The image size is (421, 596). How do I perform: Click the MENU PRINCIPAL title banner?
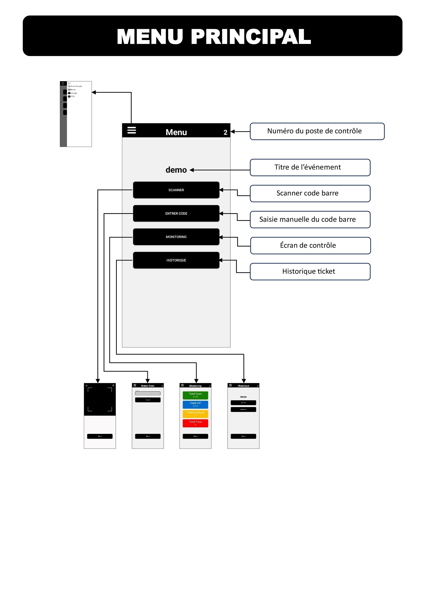pos(212,36)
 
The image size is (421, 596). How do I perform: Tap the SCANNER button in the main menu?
pos(176,190)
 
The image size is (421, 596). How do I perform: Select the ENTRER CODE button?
pos(176,213)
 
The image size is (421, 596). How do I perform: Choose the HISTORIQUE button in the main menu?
pos(176,260)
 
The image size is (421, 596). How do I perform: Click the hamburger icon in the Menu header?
pos(132,130)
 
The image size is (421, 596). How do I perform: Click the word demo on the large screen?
pos(176,170)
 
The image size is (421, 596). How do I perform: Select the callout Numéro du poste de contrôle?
pos(317,131)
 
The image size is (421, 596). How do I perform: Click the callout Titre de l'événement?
pos(310,167)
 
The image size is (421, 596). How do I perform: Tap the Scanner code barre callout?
pos(310,193)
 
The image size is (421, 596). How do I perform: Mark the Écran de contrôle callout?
pos(310,246)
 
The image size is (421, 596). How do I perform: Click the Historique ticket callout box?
pos(310,271)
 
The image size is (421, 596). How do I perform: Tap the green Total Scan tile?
pos(195,395)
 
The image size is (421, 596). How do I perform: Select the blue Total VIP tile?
pos(195,404)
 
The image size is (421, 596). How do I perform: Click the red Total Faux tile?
pos(195,423)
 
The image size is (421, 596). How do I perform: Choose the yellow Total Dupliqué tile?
pos(195,414)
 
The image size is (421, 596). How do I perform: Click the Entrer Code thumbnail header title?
pos(148,386)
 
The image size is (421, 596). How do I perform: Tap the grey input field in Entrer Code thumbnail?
pos(148,393)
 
